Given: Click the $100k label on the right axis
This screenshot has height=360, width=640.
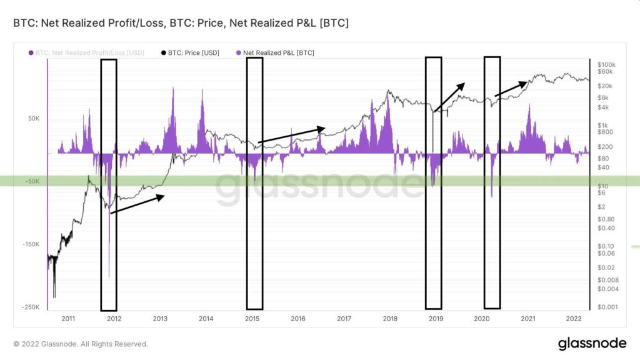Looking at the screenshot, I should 607,64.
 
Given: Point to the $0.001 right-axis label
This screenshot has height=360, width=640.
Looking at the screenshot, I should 607,307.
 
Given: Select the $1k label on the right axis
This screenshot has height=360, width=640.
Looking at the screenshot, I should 604,125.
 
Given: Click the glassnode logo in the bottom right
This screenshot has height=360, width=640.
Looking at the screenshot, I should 592,343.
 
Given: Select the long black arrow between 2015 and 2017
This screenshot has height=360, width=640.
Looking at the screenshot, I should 291,135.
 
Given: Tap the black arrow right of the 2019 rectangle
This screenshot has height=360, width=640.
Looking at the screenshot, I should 449,97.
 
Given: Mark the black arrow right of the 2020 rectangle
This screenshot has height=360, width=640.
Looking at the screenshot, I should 511,89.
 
